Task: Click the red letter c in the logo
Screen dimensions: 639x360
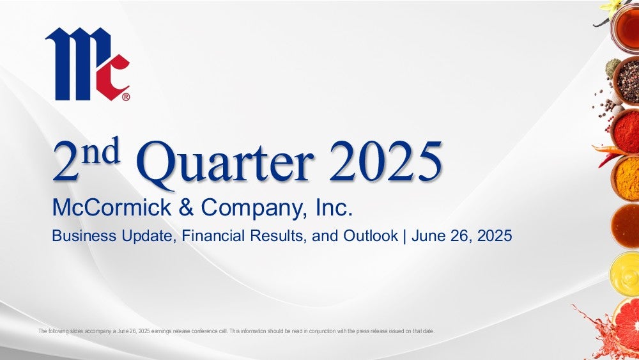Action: (x=112, y=77)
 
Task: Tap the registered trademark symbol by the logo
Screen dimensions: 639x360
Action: (x=126, y=97)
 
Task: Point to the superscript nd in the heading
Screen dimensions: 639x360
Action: (x=101, y=150)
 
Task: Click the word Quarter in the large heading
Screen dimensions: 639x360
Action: (x=225, y=163)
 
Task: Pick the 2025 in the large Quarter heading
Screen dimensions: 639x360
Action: (x=385, y=161)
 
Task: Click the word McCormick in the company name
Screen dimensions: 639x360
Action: (x=112, y=207)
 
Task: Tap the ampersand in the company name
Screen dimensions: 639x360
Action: (x=186, y=207)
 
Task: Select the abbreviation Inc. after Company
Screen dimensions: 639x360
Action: (x=334, y=207)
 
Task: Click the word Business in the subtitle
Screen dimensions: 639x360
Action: (x=84, y=236)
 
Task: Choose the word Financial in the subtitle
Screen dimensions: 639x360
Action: (x=213, y=236)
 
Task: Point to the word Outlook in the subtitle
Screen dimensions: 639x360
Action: (x=371, y=236)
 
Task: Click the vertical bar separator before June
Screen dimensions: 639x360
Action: (x=404, y=236)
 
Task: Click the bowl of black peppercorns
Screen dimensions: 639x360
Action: (x=627, y=81)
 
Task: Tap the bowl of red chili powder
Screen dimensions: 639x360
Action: (x=626, y=131)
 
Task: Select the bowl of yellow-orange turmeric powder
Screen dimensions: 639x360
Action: (x=626, y=178)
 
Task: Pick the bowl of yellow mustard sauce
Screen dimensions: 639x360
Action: (x=625, y=274)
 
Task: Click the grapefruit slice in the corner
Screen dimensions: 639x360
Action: (x=626, y=324)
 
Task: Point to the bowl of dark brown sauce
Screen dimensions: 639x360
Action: (x=625, y=226)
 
